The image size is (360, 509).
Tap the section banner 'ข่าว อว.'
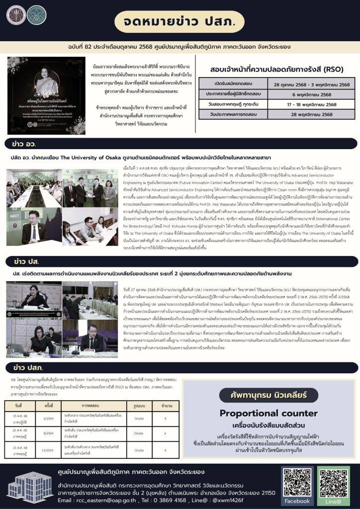coord(25,144)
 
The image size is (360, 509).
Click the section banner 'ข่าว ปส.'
coord(25,261)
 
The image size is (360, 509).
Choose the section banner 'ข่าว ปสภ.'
coord(27,368)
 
